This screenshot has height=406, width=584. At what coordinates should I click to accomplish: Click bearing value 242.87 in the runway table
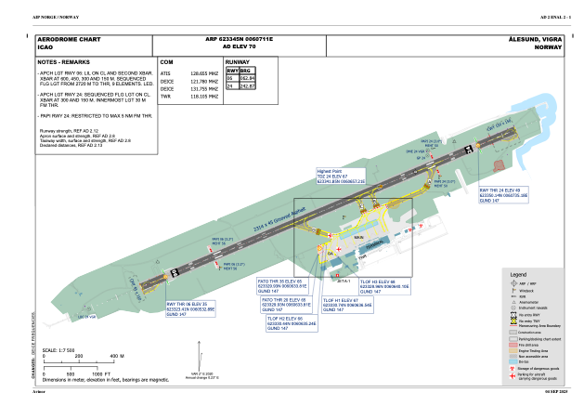[247, 85]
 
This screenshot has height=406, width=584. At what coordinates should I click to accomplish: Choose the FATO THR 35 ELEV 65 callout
[282, 285]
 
